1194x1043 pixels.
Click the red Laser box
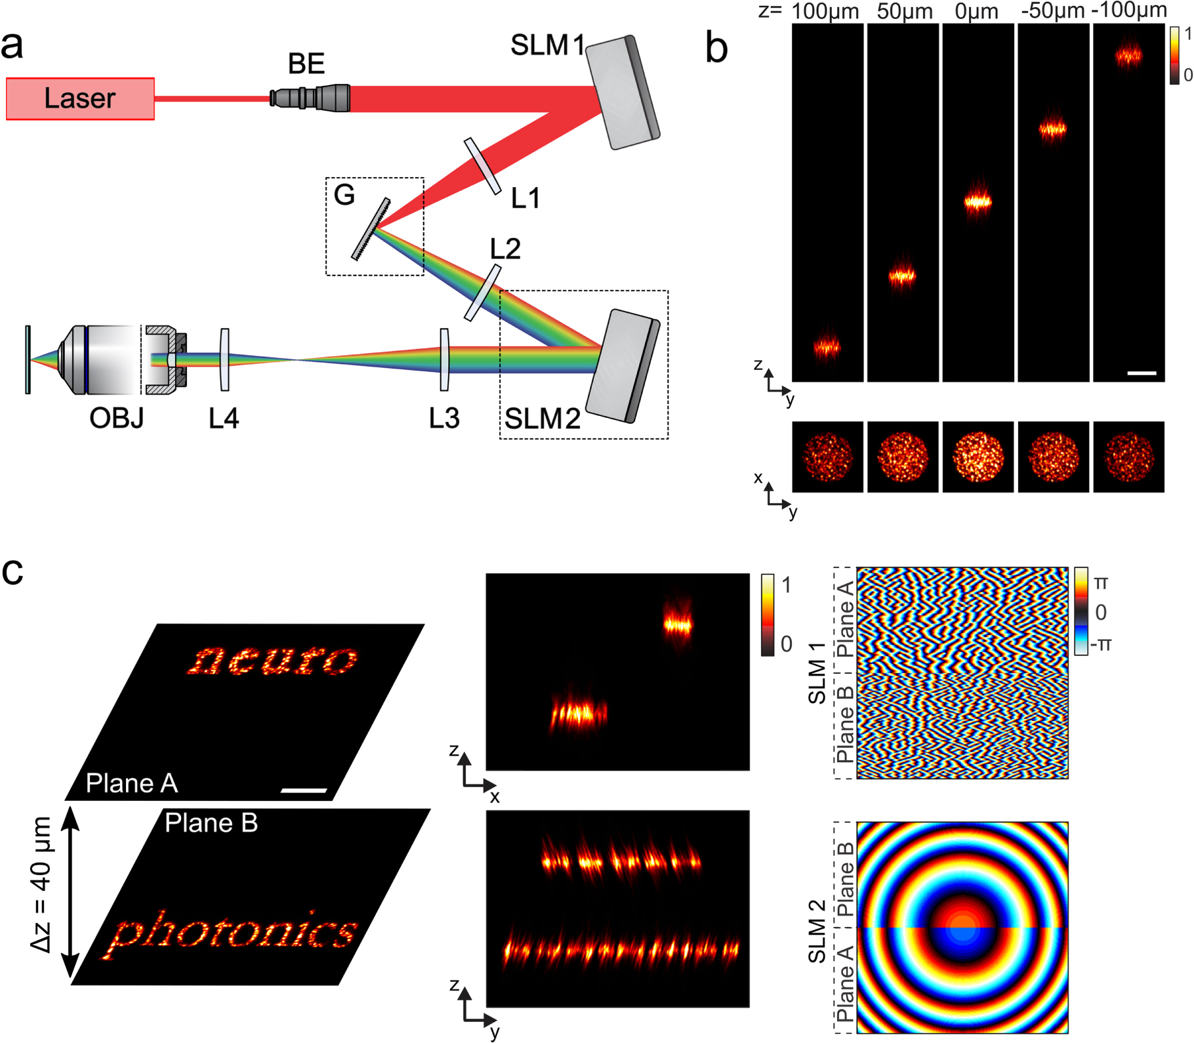[x=80, y=98]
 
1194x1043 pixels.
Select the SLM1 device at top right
[x=622, y=92]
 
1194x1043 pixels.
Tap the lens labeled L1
[x=482, y=166]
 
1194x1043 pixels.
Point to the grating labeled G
[x=371, y=229]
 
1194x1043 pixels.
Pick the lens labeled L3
[x=445, y=359]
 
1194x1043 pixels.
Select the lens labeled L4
[x=224, y=359]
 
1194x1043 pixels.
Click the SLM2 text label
[x=542, y=419]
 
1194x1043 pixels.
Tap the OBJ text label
[x=116, y=418]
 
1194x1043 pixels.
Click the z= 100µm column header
[x=825, y=11]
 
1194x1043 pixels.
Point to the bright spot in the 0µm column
[x=978, y=202]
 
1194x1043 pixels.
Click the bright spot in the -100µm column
[x=1128, y=56]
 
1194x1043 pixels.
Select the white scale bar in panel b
[x=1142, y=373]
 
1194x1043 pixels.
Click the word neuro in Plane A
[x=272, y=659]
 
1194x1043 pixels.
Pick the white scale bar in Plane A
[x=303, y=790]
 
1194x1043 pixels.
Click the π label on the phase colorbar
[x=1101, y=582]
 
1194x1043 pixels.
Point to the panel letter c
[x=12, y=571]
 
